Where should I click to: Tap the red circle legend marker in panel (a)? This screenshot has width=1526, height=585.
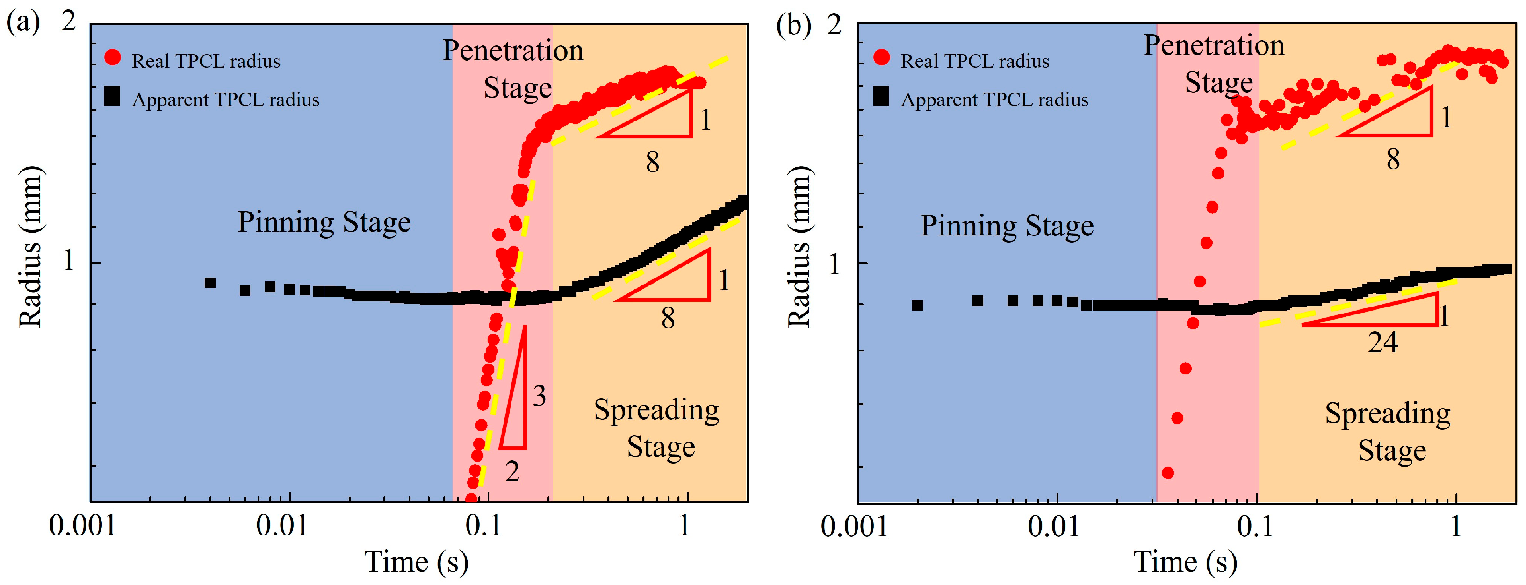pos(113,57)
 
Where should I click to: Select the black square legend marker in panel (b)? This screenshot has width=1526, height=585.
pos(881,96)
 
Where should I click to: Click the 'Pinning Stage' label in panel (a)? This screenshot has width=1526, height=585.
pos(324,222)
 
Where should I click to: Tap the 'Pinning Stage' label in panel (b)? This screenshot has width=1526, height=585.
pos(1007,226)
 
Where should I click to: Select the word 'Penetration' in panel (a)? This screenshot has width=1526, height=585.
pos(513,50)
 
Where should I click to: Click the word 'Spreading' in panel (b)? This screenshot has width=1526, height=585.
pos(1388,414)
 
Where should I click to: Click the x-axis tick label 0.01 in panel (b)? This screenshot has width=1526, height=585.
pos(1053,526)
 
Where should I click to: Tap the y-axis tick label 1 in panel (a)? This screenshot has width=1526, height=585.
pos(69,261)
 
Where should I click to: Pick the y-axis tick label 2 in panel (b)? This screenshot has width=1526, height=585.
pos(834,25)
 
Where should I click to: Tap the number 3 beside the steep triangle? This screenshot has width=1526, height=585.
pos(539,395)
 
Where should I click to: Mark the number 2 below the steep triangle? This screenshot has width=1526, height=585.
pos(512,471)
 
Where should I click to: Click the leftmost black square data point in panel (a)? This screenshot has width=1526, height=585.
pos(210,283)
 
